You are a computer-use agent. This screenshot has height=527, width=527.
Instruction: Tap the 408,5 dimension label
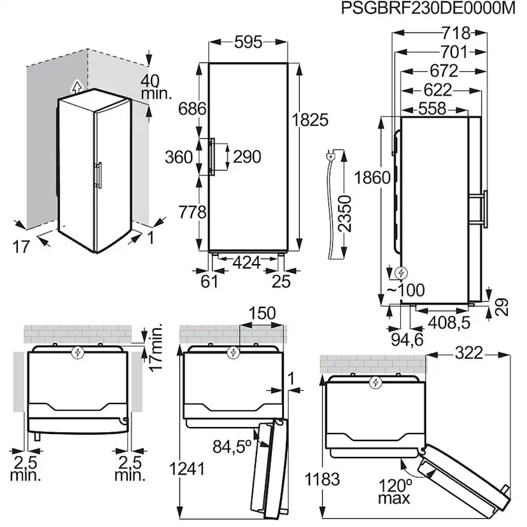pyautogui.click(x=448, y=322)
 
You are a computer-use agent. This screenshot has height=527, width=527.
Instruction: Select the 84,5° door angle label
pyautogui.click(x=230, y=447)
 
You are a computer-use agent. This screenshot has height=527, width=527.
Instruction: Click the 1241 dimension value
pyautogui.click(x=187, y=469)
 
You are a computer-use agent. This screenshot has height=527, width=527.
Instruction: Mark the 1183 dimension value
pyautogui.click(x=323, y=479)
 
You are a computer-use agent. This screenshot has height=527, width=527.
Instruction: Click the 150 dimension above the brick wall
pyautogui.click(x=262, y=313)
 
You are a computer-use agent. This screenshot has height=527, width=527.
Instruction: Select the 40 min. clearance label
pyautogui.click(x=156, y=87)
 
